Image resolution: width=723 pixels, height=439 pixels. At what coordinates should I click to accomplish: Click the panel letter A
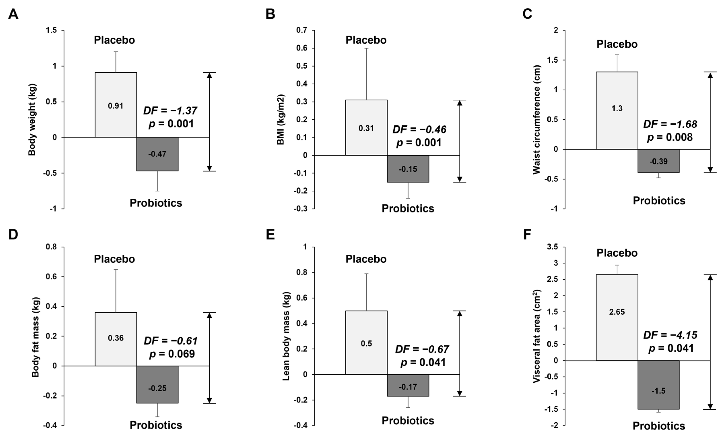coord(13,14)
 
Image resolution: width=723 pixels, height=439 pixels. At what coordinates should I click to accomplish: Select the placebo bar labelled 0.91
coord(116,105)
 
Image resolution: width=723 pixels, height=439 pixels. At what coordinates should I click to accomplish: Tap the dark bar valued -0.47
coord(157,154)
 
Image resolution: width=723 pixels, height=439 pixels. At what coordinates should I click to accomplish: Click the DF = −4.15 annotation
coord(670,335)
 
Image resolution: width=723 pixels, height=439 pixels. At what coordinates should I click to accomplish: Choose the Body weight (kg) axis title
coord(32,120)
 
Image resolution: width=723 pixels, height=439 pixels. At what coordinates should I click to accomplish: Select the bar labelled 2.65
coord(617,317)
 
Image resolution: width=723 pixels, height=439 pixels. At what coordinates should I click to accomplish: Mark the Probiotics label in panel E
coord(408,420)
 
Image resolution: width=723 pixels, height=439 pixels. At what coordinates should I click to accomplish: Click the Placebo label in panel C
coord(617,44)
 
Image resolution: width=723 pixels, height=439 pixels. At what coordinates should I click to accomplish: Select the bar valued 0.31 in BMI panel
coord(366,127)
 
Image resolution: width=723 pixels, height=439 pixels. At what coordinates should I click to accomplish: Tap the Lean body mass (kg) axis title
coord(286,336)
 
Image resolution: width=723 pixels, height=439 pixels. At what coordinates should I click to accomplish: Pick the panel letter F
coord(527,235)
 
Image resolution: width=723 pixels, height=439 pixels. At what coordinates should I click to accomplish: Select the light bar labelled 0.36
coord(116,339)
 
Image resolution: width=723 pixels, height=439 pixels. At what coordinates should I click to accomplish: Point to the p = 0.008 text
coord(670,137)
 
